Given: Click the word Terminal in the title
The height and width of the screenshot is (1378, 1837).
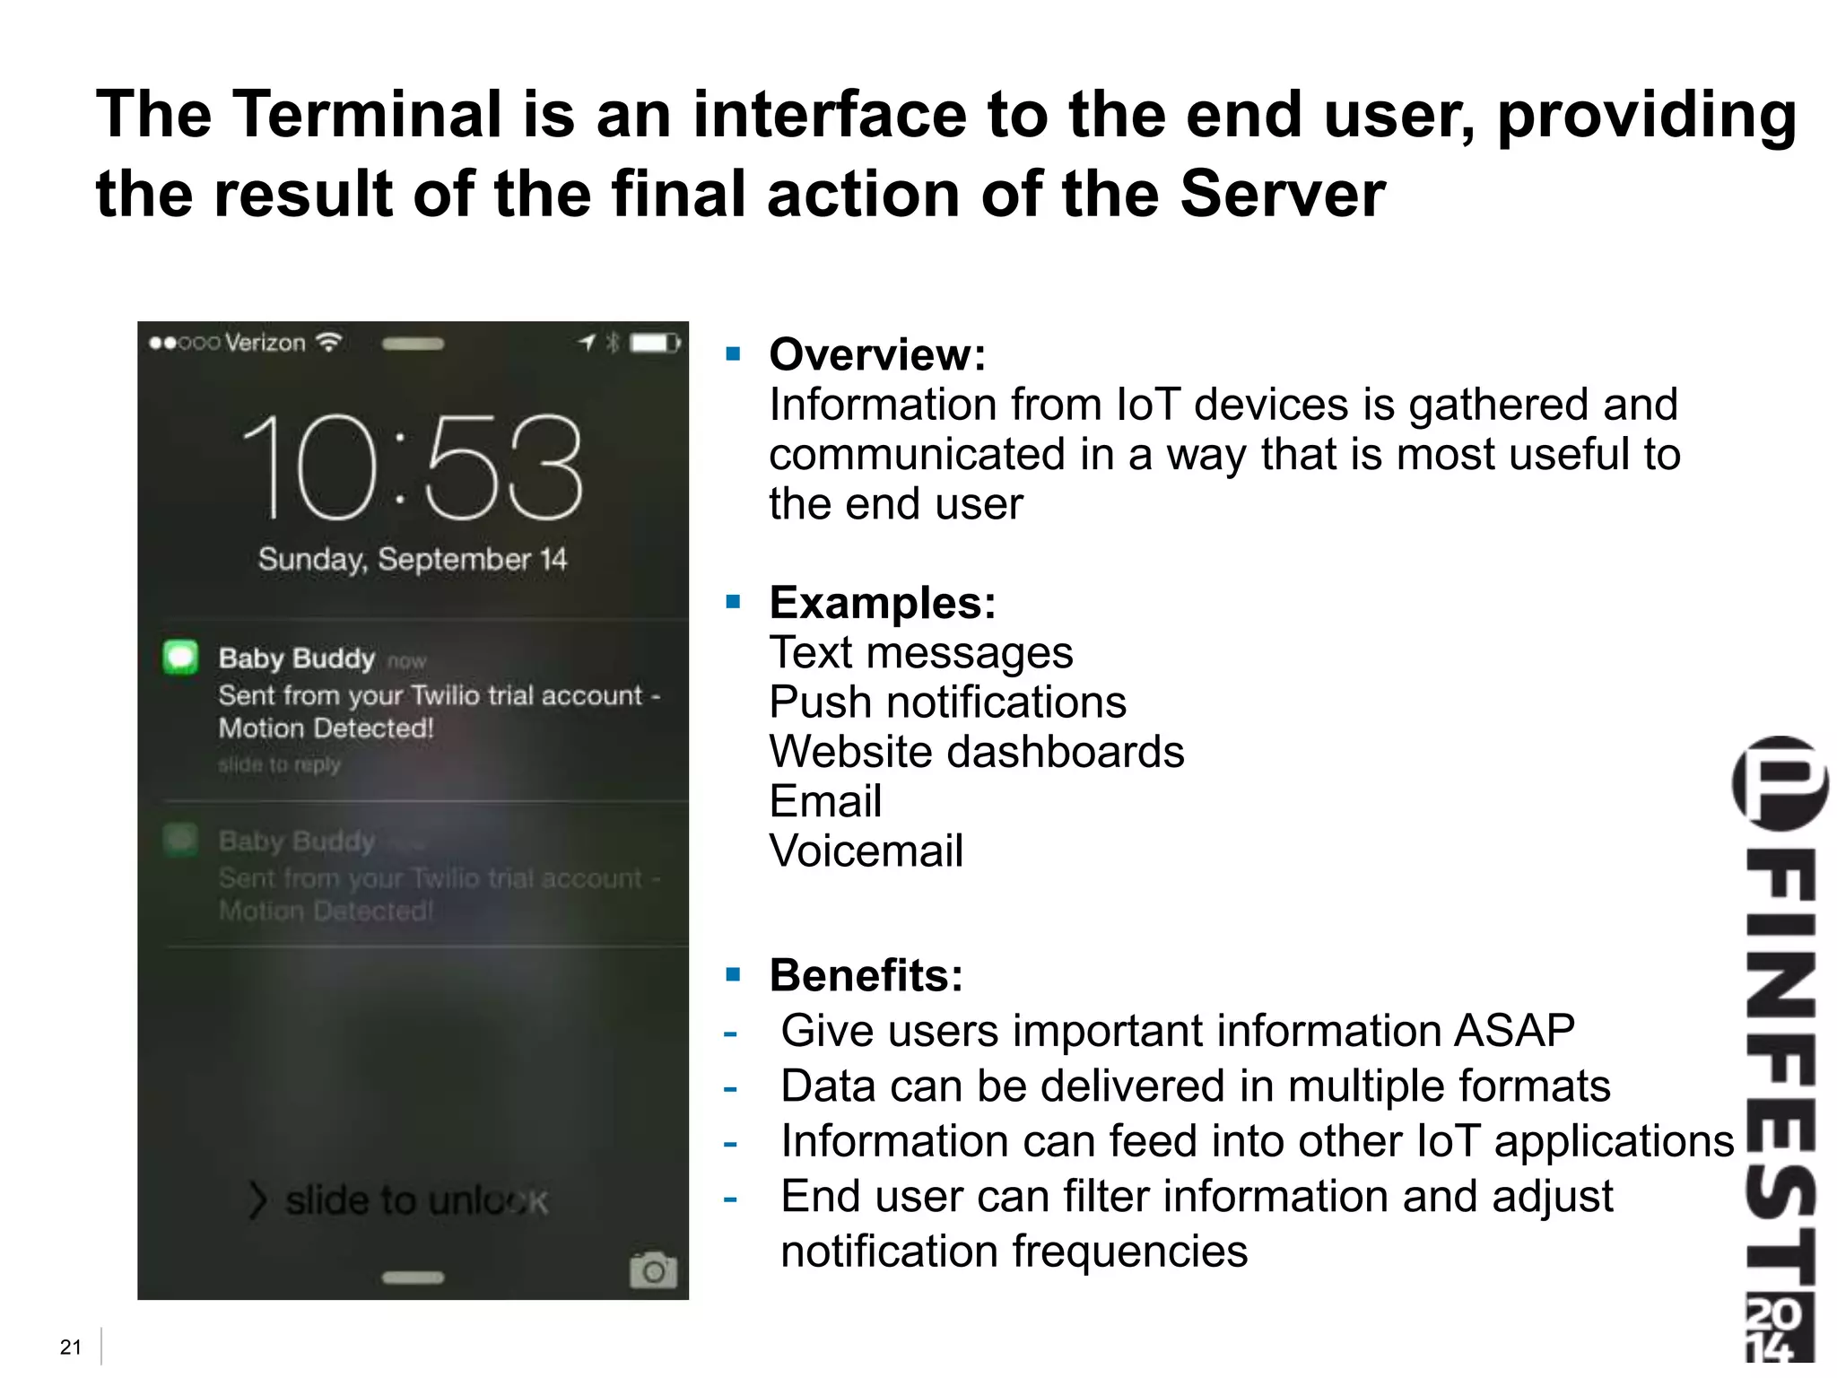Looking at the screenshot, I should coord(368,115).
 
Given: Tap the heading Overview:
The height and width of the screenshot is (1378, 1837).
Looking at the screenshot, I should coord(877,354).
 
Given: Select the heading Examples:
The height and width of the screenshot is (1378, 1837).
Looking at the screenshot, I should coord(883,602).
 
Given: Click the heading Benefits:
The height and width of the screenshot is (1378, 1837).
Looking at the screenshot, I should coord(866,975).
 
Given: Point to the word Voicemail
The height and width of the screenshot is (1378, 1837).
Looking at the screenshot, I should coord(866,850).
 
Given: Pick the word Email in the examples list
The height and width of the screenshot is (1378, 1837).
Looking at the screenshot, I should coord(825,801).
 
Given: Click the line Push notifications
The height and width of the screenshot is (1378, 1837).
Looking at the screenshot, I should coord(947,702).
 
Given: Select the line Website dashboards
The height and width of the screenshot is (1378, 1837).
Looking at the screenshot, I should coord(976,752).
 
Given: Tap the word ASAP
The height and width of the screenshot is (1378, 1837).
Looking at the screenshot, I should coord(1513,1030).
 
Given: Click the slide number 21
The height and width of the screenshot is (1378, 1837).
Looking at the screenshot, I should coord(70,1347).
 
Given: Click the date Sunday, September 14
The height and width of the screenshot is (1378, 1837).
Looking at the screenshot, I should coord(413,560).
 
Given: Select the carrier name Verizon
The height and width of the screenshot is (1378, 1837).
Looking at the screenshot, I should coord(266,343).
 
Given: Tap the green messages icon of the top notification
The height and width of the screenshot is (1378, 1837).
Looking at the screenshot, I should coord(181,658).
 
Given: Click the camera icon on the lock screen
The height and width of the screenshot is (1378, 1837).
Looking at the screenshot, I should coord(653,1269).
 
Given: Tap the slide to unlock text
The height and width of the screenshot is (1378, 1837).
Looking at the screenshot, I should coord(416,1200).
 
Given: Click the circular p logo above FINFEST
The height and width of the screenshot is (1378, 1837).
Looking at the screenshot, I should coord(1780,783).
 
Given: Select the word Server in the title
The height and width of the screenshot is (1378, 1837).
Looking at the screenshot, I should coord(1282,194).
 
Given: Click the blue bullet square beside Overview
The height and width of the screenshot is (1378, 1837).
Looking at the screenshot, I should coord(734,353).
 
